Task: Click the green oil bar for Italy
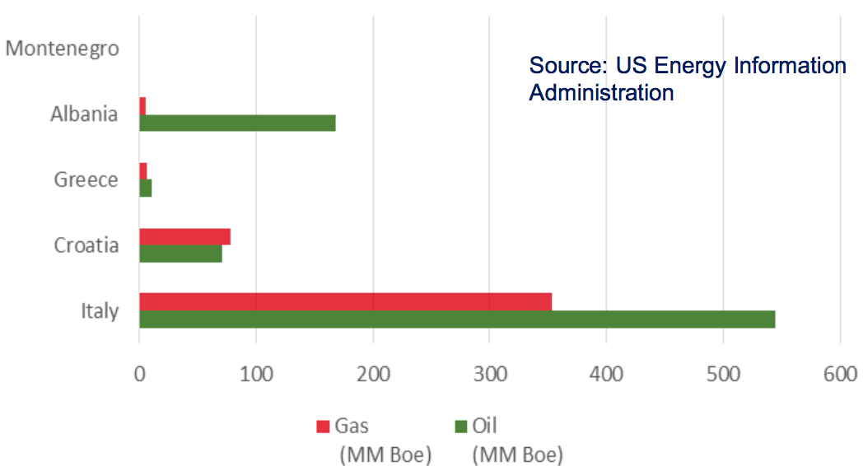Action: [457, 319]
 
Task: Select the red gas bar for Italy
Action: [345, 301]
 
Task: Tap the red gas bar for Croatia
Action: [184, 237]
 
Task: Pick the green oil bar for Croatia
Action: [180, 254]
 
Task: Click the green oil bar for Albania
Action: [237, 123]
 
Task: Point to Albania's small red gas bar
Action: [142, 106]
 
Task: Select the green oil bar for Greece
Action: [146, 189]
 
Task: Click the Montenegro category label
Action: [62, 49]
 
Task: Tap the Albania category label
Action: [84, 114]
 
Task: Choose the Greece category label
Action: [86, 179]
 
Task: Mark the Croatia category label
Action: [86, 245]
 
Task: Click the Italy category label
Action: [100, 311]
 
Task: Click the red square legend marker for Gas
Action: [324, 426]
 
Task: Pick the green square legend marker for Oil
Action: [462, 426]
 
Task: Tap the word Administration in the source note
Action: [601, 92]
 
